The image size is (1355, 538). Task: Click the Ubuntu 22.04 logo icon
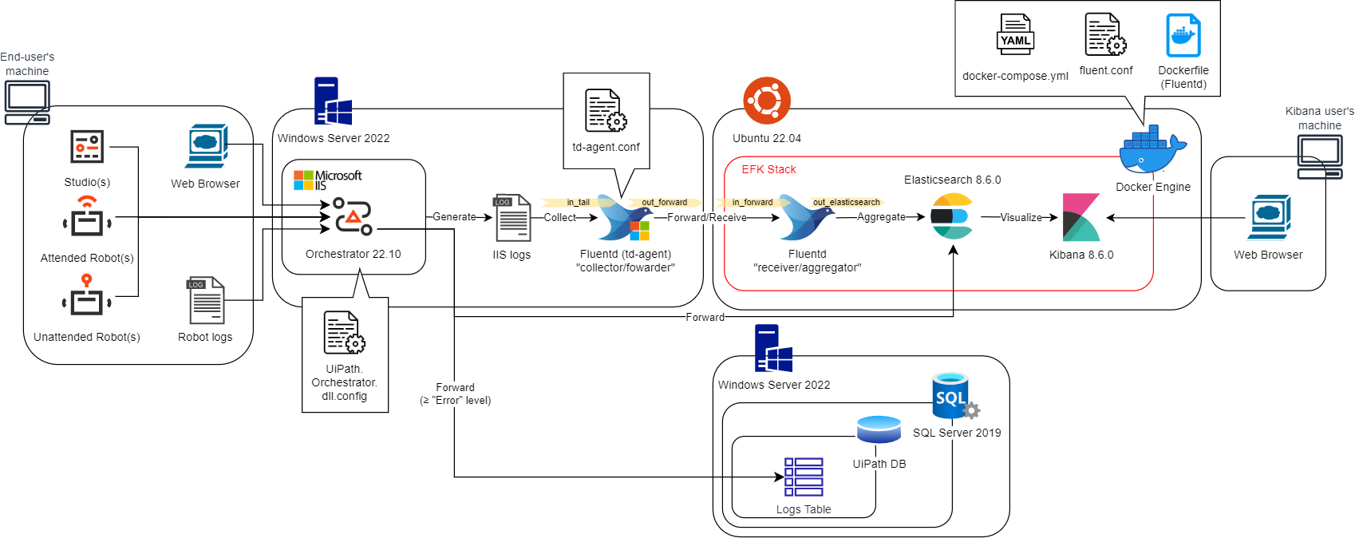click(767, 101)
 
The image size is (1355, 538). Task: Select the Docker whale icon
click(1152, 150)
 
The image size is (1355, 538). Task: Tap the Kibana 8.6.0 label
click(1081, 255)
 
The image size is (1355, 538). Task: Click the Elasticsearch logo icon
click(952, 216)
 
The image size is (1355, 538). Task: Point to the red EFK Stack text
click(768, 169)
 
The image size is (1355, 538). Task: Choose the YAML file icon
click(1015, 34)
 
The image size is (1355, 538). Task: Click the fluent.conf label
click(1105, 70)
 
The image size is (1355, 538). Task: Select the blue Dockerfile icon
click(1183, 35)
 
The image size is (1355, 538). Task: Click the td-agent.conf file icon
click(606, 110)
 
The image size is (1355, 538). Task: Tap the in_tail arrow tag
click(578, 202)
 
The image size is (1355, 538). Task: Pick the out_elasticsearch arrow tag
click(846, 202)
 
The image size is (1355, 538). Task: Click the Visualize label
click(1021, 217)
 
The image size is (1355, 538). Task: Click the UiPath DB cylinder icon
click(878, 429)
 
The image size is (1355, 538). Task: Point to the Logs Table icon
click(804, 477)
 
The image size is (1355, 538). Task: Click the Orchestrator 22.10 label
click(354, 255)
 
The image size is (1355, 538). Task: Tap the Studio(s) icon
click(86, 147)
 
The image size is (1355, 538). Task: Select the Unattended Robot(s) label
click(87, 338)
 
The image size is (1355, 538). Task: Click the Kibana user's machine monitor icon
click(1319, 156)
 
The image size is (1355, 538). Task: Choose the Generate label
click(454, 217)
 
